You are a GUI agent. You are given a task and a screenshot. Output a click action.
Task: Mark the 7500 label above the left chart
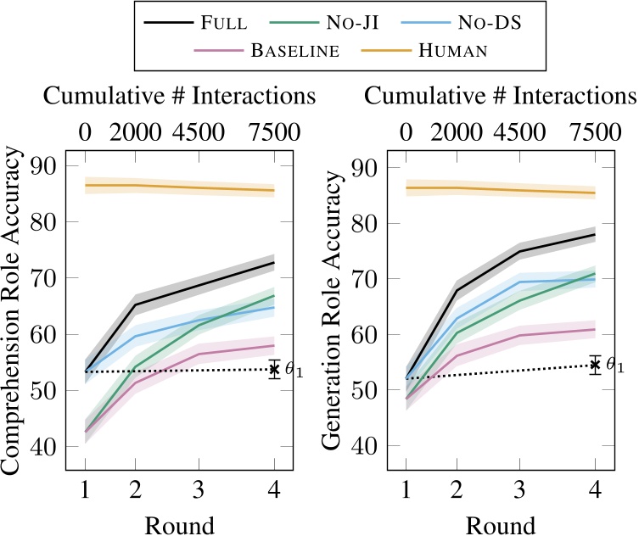[275, 132]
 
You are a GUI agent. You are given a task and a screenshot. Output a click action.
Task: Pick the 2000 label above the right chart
[456, 132]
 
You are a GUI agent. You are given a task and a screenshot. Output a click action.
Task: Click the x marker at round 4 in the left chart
[274, 369]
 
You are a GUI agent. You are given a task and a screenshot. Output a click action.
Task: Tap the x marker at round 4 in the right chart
[595, 365]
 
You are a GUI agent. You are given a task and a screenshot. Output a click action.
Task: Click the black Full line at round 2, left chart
[136, 305]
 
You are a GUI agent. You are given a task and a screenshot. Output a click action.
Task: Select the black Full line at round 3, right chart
[519, 251]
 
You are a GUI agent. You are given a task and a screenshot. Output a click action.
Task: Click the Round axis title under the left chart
[179, 522]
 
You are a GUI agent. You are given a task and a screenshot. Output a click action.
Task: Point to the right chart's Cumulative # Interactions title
[500, 96]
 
